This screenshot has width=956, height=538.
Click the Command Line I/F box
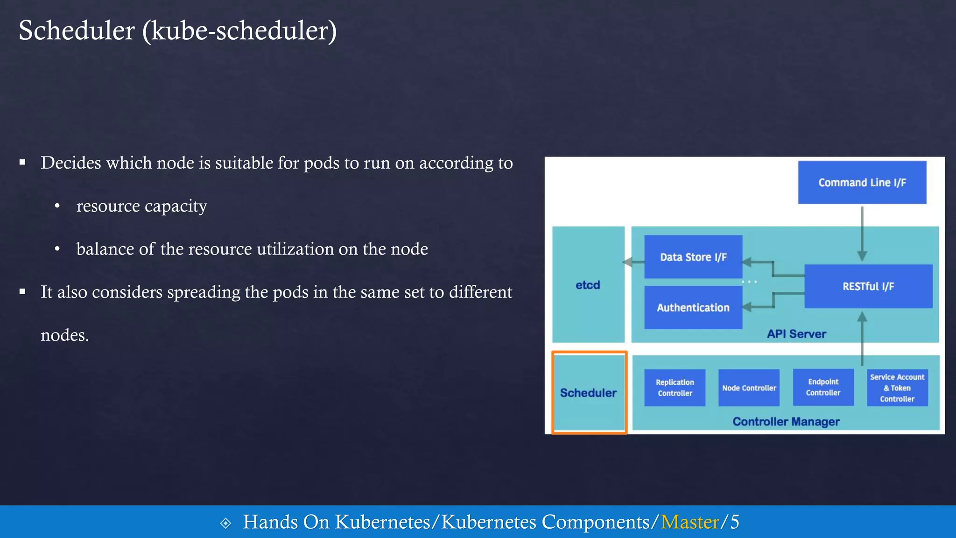click(862, 183)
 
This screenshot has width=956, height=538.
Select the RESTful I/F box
click(868, 286)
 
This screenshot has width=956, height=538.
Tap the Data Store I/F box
click(693, 257)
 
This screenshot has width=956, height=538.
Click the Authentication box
click(693, 307)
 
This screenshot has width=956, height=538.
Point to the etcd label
click(588, 285)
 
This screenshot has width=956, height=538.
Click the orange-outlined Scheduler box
click(589, 393)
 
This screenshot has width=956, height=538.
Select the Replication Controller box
click(675, 388)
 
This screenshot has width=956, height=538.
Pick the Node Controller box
click(749, 388)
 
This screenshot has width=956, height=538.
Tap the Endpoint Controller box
click(823, 387)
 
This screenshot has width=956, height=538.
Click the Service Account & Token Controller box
click(897, 388)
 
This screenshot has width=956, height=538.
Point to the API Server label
click(796, 334)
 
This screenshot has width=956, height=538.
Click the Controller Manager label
click(786, 422)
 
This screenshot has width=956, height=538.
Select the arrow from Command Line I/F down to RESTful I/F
click(862, 234)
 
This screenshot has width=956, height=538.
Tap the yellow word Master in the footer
click(689, 522)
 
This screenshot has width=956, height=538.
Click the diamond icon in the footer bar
click(225, 523)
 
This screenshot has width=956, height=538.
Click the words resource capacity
click(141, 206)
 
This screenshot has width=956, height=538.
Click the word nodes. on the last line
click(64, 335)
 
